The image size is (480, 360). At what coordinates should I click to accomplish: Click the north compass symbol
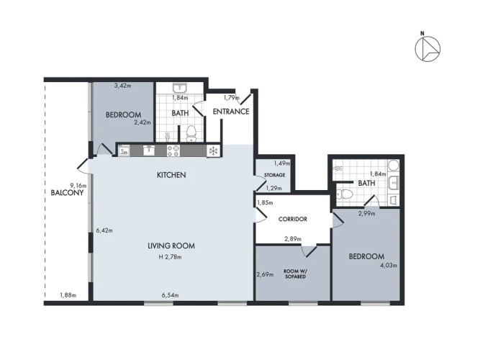[x=427, y=48]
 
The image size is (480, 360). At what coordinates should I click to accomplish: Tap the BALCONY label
[x=67, y=193]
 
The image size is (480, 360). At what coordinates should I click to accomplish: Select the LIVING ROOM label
[x=171, y=246]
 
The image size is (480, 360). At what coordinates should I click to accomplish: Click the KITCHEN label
[x=171, y=175]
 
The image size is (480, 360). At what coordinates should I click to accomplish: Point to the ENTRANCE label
[x=231, y=112]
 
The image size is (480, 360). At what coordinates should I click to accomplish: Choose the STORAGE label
[x=274, y=175]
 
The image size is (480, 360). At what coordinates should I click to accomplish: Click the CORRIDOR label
[x=293, y=219]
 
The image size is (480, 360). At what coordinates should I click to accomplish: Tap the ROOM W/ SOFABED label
[x=295, y=274]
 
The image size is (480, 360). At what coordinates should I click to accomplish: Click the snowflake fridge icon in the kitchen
[x=213, y=150]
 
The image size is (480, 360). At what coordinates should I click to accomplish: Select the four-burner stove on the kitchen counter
[x=173, y=150]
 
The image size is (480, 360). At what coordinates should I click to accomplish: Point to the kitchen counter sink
[x=149, y=150]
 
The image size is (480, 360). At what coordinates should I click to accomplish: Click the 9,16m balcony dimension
[x=78, y=185]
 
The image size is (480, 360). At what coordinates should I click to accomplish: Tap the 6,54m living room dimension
[x=171, y=295]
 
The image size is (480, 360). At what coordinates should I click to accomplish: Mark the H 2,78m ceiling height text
[x=171, y=257]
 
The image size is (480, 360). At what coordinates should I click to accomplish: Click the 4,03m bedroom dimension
[x=389, y=266]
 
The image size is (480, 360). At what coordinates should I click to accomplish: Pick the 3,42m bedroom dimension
[x=123, y=86]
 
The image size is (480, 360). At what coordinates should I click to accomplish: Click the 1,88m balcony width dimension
[x=68, y=295]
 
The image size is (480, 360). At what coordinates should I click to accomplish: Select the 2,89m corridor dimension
[x=293, y=239]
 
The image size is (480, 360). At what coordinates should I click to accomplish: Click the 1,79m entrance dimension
[x=232, y=98]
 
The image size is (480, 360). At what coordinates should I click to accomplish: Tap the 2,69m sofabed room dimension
[x=265, y=274]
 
